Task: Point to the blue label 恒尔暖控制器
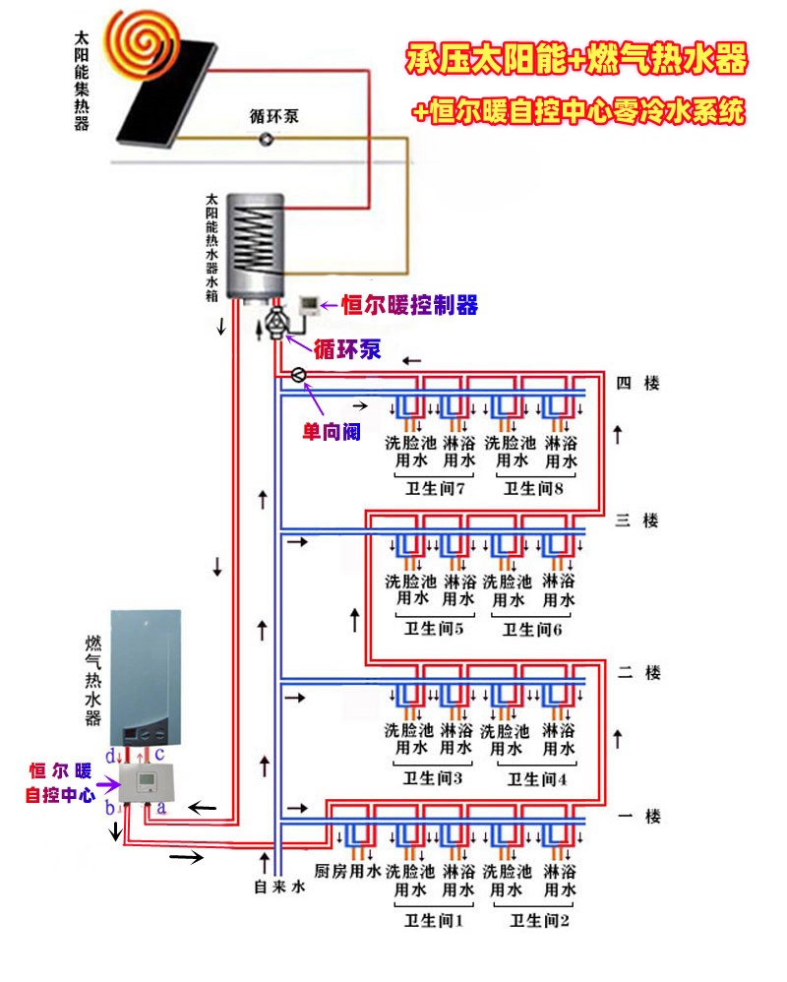[x=409, y=305]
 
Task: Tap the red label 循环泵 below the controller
[x=346, y=349]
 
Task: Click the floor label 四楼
[x=636, y=384]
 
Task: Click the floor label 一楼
[x=636, y=816]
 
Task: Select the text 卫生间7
[x=428, y=488]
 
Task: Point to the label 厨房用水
[x=346, y=871]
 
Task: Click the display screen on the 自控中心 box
[x=144, y=781]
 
